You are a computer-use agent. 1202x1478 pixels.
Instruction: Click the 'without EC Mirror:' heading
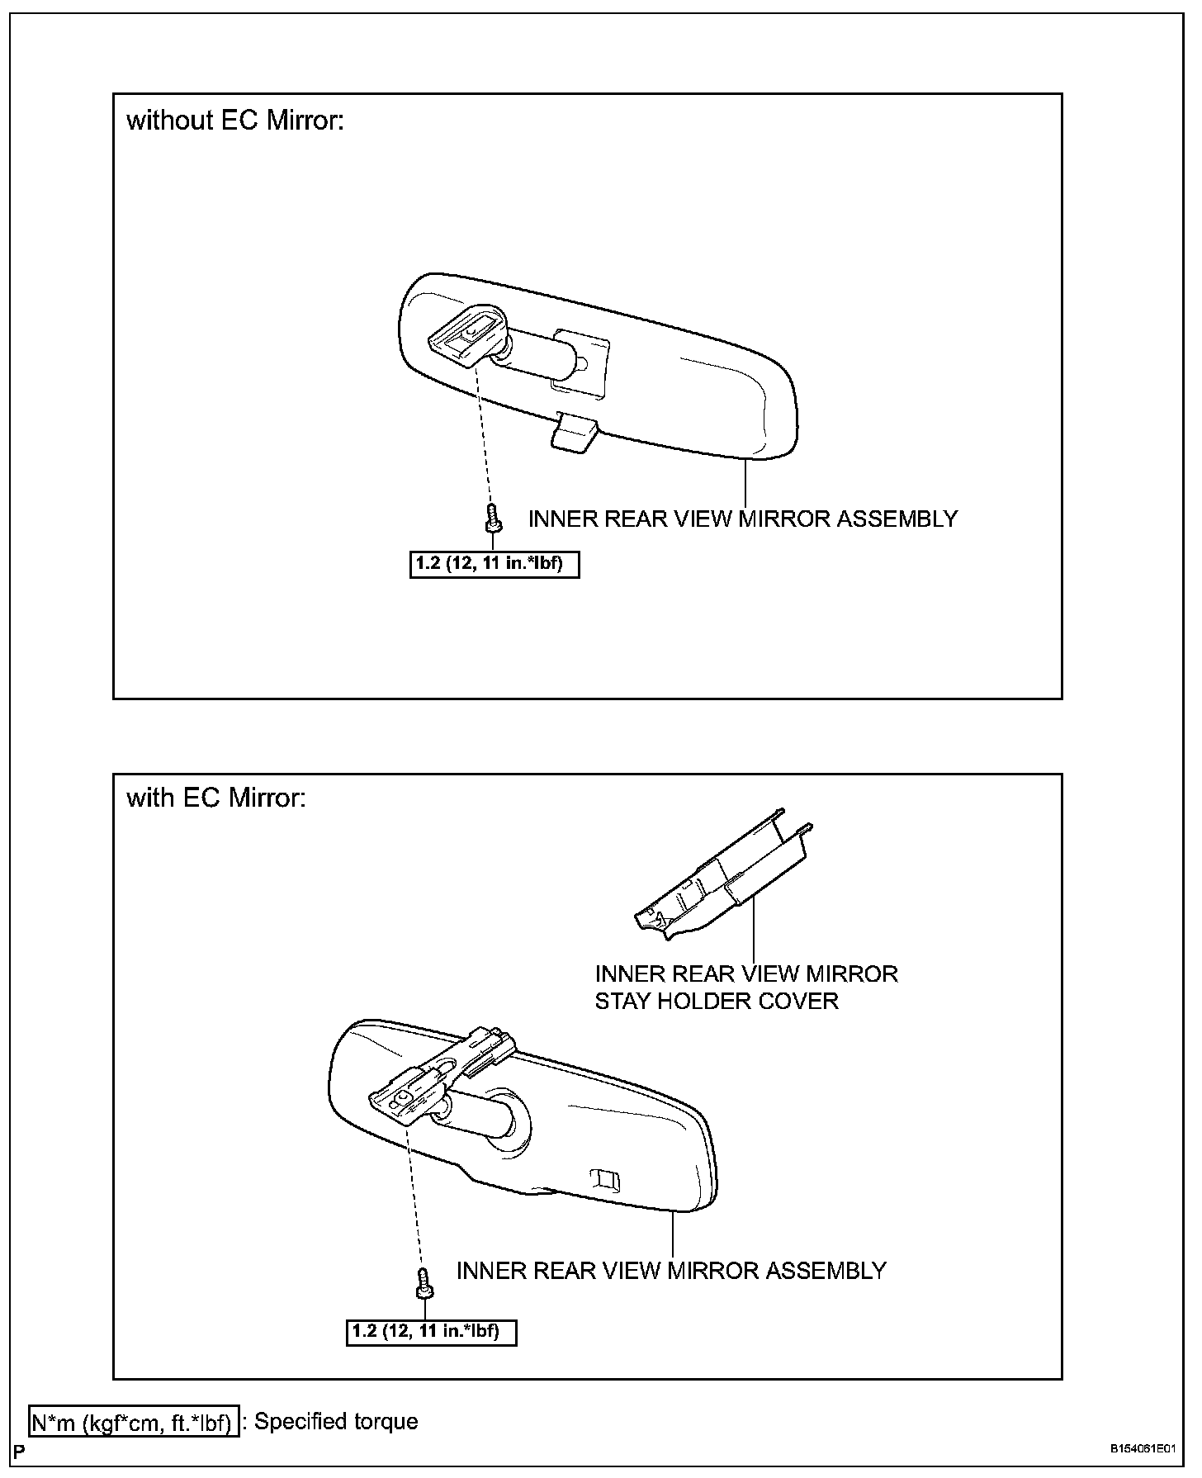click(234, 121)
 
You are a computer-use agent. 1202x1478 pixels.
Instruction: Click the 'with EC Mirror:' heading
click(216, 798)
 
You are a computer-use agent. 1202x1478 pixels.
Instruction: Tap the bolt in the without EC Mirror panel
click(491, 521)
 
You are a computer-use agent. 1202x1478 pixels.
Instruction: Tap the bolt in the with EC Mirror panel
click(424, 1282)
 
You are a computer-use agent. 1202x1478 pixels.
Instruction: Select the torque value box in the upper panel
click(495, 566)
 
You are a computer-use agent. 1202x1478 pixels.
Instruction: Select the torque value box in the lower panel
click(431, 1332)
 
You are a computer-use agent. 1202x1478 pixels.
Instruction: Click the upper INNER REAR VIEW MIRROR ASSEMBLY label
click(743, 519)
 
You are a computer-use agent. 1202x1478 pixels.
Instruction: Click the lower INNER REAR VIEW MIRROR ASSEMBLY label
click(671, 1270)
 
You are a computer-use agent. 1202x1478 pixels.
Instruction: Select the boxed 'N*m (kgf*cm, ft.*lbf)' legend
click(134, 1423)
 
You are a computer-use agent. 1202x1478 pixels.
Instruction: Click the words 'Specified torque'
click(336, 1422)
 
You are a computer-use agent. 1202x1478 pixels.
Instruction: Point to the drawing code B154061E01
click(1141, 1449)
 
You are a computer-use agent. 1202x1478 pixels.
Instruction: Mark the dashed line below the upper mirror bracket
click(485, 438)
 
